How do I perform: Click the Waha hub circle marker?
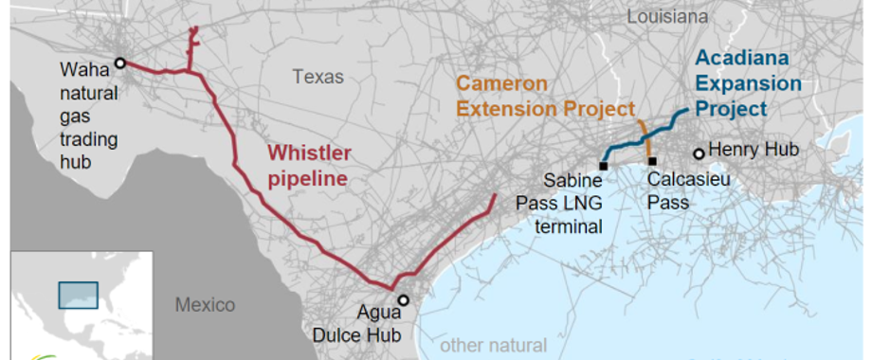coord(120,63)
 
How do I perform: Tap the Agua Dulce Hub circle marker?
coord(403,300)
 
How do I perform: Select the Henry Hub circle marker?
coord(699,153)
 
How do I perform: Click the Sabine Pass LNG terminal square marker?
coord(604,166)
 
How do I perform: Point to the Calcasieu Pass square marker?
coord(651,160)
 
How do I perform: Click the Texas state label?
coord(318,77)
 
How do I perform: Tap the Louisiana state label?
coord(666,16)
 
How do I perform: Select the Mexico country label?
coord(204,305)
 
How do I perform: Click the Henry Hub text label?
coord(754,150)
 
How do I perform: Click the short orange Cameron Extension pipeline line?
coord(645,137)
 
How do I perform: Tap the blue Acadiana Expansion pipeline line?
coord(645,139)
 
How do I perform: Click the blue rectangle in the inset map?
coord(78,295)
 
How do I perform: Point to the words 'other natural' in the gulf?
coord(494,346)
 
